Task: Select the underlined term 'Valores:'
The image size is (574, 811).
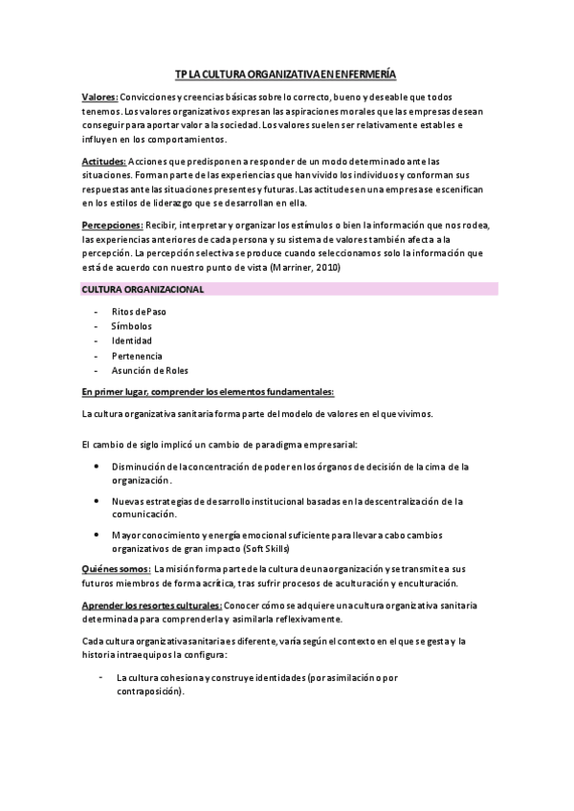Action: (99, 98)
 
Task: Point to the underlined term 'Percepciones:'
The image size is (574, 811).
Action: (113, 225)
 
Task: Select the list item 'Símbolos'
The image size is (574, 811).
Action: (132, 326)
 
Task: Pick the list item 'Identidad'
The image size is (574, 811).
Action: (131, 340)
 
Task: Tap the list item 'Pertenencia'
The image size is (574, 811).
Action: (137, 355)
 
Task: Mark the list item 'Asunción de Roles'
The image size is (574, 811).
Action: (150, 370)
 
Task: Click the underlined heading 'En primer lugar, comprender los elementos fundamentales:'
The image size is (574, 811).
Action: (208, 392)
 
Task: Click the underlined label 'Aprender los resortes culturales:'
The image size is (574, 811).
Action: (152, 605)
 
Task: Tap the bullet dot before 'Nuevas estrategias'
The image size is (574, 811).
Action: (99, 500)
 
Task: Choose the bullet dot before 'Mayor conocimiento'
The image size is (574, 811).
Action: (99, 534)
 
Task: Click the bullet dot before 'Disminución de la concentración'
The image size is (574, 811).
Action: (99, 466)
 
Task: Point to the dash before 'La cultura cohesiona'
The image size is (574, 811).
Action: (100, 676)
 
